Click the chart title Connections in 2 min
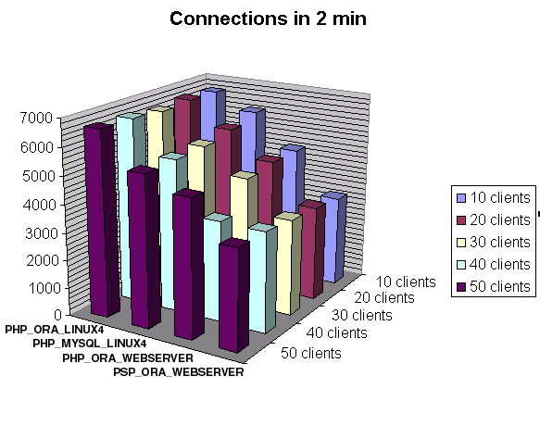(x=268, y=19)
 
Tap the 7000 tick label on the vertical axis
(x=36, y=118)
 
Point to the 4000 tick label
(x=39, y=205)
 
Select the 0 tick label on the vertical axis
(x=57, y=315)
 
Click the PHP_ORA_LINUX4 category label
(x=54, y=330)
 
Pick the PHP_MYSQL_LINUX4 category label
(x=90, y=344)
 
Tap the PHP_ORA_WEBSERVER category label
(x=128, y=358)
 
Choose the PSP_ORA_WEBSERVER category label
(x=179, y=372)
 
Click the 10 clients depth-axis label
(x=406, y=282)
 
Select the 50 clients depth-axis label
(x=311, y=354)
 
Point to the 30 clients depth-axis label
(x=362, y=315)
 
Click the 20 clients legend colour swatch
(x=461, y=220)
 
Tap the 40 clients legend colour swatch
(x=461, y=265)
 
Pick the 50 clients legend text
(x=500, y=286)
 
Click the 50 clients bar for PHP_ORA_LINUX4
(x=102, y=220)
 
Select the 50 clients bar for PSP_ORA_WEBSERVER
(x=233, y=295)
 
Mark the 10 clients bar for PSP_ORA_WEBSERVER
(x=333, y=238)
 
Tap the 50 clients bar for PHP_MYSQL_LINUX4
(x=144, y=247)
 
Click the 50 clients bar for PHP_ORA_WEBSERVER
(x=189, y=265)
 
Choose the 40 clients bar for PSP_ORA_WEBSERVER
(x=263, y=278)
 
